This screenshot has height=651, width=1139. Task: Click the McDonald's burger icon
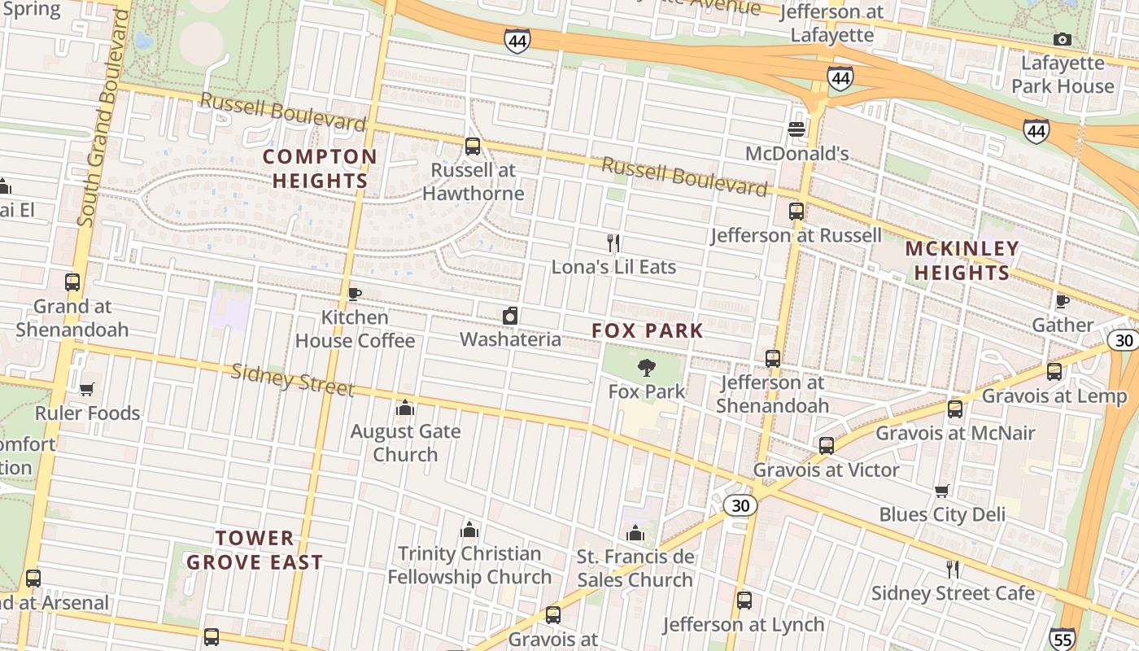pos(796,129)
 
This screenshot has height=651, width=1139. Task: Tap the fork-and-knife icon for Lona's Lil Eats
pos(614,242)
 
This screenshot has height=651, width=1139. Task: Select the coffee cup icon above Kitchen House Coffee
pos(354,294)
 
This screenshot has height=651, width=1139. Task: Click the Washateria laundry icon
pos(510,316)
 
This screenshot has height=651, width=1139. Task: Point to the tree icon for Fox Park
pos(647,367)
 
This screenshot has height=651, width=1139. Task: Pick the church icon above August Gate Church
pos(405,408)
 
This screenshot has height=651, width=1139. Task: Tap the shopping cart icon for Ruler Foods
pos(87,389)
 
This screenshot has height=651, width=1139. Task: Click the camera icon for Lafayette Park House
pos(1062,39)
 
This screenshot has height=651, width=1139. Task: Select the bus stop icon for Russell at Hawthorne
pos(473,146)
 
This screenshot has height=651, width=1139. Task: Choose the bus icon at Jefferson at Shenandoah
pos(773,359)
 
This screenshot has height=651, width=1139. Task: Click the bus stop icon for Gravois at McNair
pos(955,409)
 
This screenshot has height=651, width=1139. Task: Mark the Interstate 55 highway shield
pos(1062,639)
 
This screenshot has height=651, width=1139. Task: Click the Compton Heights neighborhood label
pos(320,168)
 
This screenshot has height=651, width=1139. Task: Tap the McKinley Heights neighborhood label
pos(961,260)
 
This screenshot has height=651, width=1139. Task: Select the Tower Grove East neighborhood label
pos(255,550)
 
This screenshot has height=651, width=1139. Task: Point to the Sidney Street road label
pos(293,380)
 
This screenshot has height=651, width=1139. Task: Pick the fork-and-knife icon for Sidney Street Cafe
pos(952,569)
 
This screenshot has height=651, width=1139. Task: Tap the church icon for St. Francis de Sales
pos(635,534)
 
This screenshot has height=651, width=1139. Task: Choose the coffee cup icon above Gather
pos(1062,301)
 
